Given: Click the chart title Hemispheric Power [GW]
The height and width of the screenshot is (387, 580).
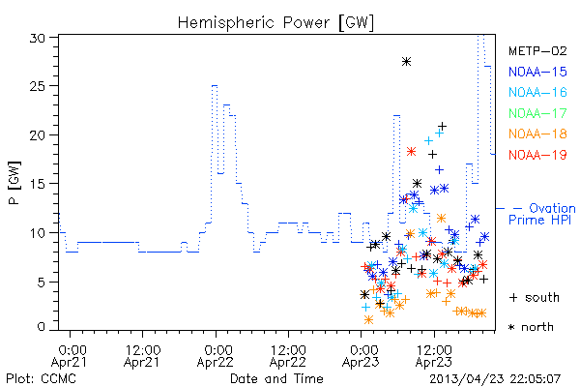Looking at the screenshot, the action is coord(275,22).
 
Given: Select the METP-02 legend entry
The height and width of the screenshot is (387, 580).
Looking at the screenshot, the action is coord(537,51).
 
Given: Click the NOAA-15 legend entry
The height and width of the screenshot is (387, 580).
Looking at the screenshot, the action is coord(537,72).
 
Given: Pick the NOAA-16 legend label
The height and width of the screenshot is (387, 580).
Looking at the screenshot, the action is coord(537,92).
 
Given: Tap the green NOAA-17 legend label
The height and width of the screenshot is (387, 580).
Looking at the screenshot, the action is coord(537,113).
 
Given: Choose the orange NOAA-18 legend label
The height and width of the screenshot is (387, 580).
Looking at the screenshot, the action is coord(537,134).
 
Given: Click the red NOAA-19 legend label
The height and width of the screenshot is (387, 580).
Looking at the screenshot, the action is coord(537,155).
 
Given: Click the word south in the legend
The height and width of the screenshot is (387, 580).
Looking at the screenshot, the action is coord(542,297).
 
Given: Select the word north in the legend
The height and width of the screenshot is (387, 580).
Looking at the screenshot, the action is coord(537,327).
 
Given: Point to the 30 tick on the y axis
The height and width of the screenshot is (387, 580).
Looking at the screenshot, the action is coord(37,38).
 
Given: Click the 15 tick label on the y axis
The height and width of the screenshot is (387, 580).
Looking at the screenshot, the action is coord(37,184).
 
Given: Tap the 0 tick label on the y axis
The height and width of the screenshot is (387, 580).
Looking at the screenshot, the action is coord(41,327).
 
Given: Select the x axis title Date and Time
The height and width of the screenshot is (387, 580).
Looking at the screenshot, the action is coord(276,378).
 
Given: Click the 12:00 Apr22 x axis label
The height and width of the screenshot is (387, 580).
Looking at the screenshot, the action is coord(288,356).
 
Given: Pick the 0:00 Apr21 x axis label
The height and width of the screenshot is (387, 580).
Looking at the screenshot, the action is coord(70,356).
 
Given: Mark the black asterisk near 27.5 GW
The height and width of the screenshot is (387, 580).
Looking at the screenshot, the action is coord(407,62).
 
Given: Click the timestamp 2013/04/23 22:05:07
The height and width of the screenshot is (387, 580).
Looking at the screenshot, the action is coord(495,379).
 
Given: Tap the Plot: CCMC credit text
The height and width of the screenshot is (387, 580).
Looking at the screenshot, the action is coord(41,379).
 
